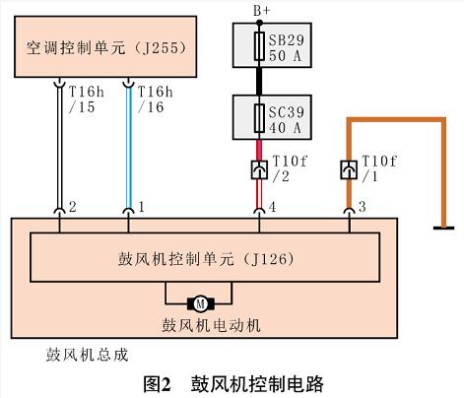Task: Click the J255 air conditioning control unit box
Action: [x=105, y=46]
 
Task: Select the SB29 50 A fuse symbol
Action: [x=259, y=46]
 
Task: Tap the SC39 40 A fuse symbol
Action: [x=259, y=118]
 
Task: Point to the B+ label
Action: [x=261, y=11]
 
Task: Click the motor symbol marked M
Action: [x=201, y=304]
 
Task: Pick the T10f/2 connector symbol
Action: [x=259, y=169]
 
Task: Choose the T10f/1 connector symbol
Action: [x=349, y=169]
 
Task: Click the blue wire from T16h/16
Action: [x=129, y=148]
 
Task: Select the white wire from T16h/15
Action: [x=60, y=148]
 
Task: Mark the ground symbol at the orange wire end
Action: [x=443, y=228]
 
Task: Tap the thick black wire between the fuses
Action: [x=259, y=82]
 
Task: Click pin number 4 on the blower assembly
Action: [x=272, y=207]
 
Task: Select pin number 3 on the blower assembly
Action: [x=362, y=207]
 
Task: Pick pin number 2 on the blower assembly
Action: [x=73, y=207]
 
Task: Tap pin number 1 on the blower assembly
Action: [x=142, y=207]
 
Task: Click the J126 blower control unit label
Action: [x=206, y=259]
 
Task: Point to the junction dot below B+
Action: [x=259, y=23]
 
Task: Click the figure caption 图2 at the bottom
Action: [x=158, y=383]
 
